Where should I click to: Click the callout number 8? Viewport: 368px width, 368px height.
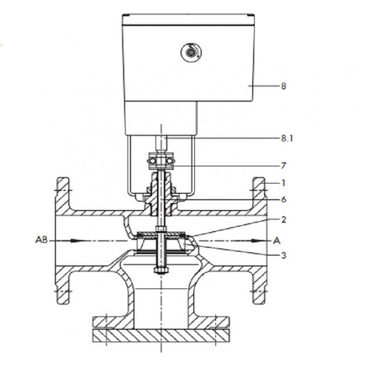pos(284,86)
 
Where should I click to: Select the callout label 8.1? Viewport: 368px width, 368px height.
pos(287,138)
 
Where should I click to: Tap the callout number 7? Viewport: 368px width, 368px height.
pos(284,166)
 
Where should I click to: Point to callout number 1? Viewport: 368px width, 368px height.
pos(284,183)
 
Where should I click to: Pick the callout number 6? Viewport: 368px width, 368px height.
pos(284,200)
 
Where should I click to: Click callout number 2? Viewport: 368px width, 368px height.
pos(284,220)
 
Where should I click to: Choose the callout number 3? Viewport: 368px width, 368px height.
pos(284,255)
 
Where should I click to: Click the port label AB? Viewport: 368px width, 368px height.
pos(41,240)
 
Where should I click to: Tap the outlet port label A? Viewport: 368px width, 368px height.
pos(277,241)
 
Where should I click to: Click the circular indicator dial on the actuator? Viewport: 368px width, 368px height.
pos(191,52)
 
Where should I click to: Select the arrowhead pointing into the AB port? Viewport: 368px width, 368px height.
pos(77,241)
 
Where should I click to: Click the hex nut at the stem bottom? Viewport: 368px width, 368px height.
pos(161,271)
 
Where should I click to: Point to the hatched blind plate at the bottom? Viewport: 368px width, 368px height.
pos(161,336)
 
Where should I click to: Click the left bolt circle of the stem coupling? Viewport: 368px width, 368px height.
pos(152,161)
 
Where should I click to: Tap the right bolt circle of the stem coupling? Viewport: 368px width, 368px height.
pos(170,161)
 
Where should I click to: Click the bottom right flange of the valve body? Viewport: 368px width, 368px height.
pos(259,286)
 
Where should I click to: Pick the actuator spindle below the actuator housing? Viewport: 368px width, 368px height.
pos(161,143)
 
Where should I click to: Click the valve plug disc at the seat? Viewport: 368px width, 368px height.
pos(161,235)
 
